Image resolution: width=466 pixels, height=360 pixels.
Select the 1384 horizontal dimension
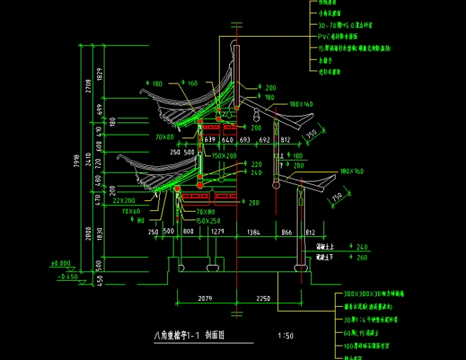[254, 232]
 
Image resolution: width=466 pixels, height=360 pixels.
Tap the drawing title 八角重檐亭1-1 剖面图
[189, 335]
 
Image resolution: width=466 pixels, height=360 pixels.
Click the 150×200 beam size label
[224, 156]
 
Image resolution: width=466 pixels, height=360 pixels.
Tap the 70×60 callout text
[131, 212]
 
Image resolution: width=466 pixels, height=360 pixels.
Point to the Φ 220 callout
[254, 164]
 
